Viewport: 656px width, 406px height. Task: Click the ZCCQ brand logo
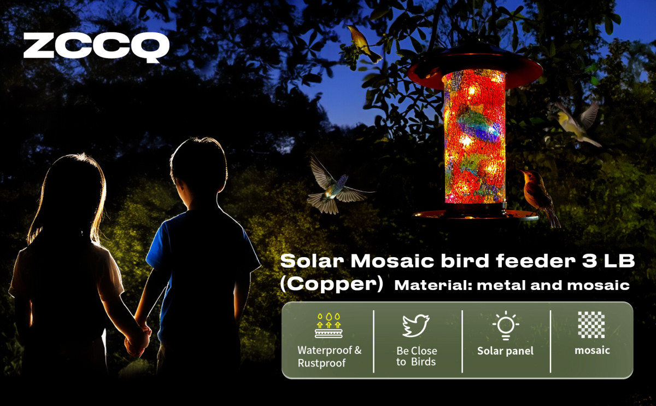click(x=96, y=47)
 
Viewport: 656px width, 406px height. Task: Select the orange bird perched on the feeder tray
click(x=539, y=197)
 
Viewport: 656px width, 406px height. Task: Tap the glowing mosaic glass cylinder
click(x=475, y=136)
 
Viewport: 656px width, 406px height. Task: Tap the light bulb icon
click(x=506, y=326)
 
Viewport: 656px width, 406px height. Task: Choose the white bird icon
click(x=416, y=326)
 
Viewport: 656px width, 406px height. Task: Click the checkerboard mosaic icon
click(x=591, y=324)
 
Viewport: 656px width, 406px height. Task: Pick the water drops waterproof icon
click(x=329, y=326)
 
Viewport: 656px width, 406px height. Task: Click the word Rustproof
click(x=321, y=363)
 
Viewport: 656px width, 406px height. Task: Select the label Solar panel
click(x=506, y=351)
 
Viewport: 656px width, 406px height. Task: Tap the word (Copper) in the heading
click(x=331, y=284)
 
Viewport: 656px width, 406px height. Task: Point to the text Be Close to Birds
click(x=417, y=356)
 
